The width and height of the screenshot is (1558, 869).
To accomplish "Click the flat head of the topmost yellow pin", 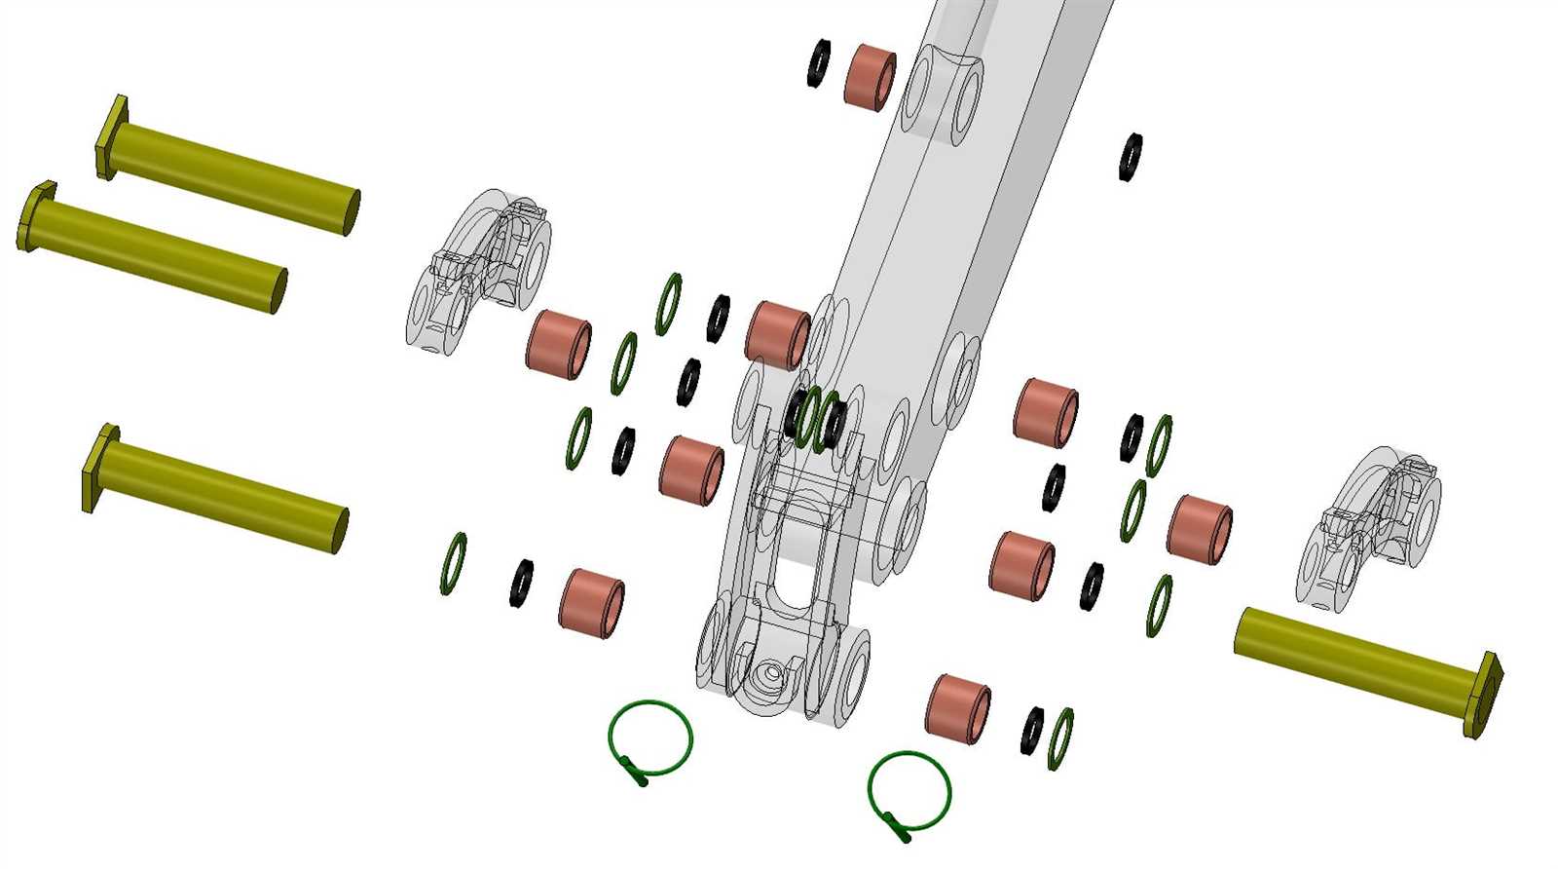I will pos(112,136).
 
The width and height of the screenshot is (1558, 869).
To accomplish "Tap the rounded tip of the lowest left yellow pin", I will pos(338,529).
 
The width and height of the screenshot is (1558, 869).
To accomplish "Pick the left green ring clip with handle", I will pos(650,739).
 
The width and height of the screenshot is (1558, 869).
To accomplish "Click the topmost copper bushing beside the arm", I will pos(870,75).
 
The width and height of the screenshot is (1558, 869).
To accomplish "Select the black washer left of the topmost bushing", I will pos(819,63).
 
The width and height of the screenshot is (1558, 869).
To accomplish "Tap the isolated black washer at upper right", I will pos(1131,157).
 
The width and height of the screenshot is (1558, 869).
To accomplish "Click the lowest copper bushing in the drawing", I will pos(957,708).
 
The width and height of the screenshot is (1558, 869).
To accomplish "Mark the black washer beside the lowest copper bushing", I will pos(1031,730).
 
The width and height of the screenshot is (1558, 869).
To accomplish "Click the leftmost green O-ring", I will pos(453,563).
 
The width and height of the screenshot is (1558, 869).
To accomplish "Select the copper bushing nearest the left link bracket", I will pos(558,344).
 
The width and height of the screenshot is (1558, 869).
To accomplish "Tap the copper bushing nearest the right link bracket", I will pos(1199,529).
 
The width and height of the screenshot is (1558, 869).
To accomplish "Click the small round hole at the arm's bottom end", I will pos(771,672).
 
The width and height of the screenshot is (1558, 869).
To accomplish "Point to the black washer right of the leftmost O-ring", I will pos(521,583).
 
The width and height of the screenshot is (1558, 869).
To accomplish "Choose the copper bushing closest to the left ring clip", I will pos(591,603).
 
